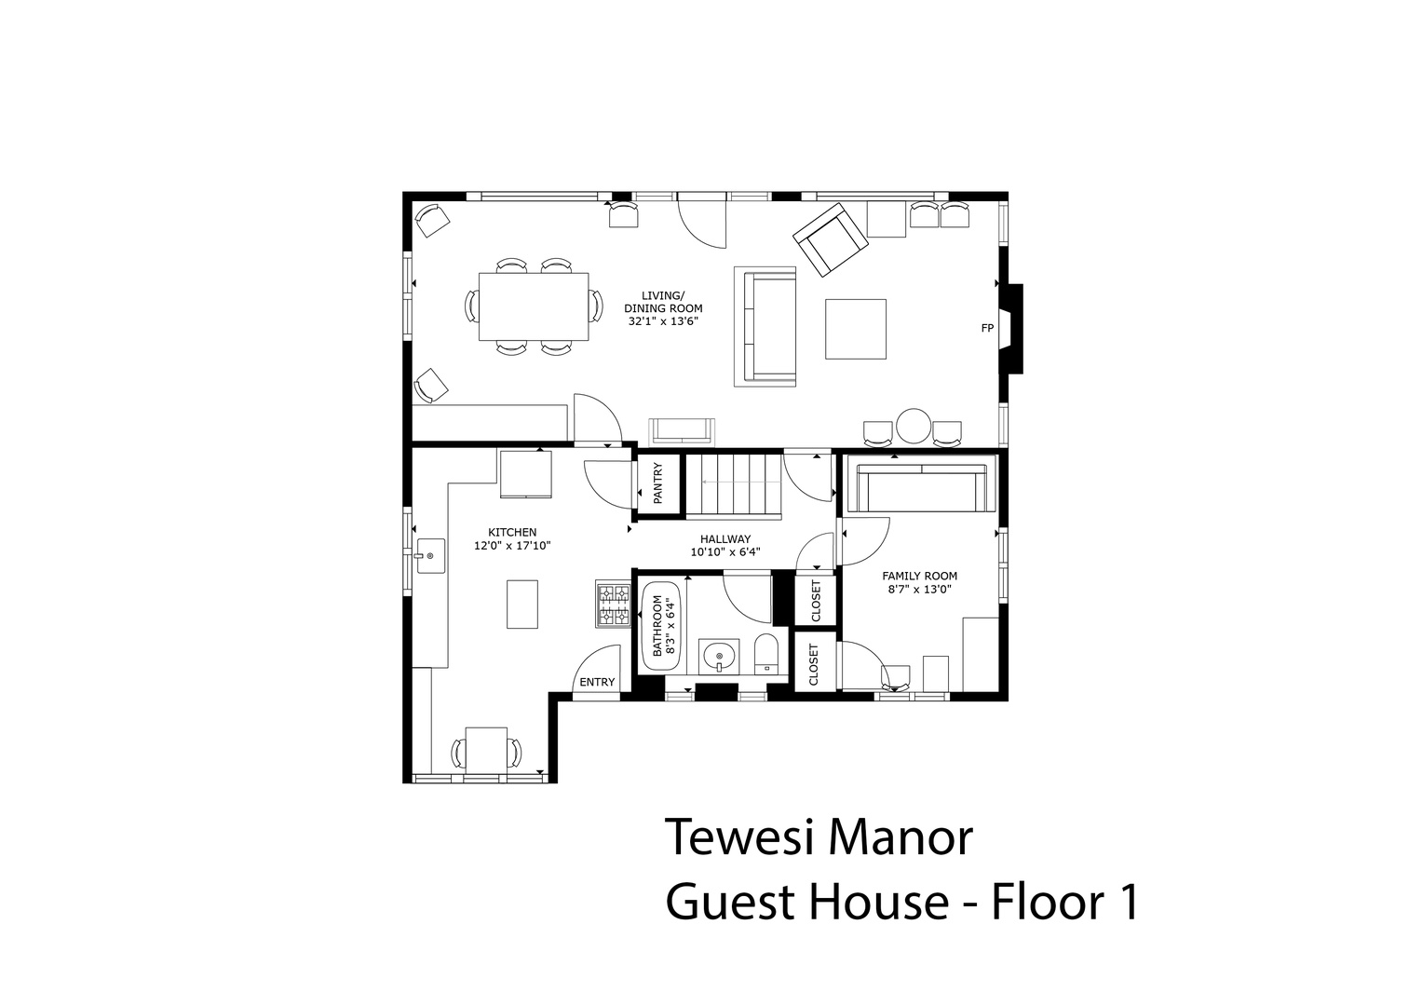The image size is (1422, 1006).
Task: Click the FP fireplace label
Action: point(986,328)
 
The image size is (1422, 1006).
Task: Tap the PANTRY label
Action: point(657,483)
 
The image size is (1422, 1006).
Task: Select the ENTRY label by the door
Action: point(597,682)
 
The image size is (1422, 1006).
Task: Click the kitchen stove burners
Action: point(614,604)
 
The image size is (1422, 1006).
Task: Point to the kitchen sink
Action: point(430,556)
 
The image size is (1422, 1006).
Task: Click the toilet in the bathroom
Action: point(765,654)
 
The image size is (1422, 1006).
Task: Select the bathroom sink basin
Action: point(719,656)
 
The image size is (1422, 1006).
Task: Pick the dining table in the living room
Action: point(534,306)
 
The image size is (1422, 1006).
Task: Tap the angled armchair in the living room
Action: point(831,239)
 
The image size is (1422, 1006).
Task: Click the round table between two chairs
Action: point(914,426)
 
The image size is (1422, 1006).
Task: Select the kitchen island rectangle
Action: point(522,604)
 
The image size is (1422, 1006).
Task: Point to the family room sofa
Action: point(922,486)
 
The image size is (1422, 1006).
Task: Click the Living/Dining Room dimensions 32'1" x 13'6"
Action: point(663,321)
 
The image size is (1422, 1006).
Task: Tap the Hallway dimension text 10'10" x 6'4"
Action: point(725,551)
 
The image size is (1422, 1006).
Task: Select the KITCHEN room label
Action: point(512,532)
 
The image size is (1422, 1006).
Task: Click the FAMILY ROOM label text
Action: point(919,576)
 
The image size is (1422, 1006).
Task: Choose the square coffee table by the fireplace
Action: point(856,329)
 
